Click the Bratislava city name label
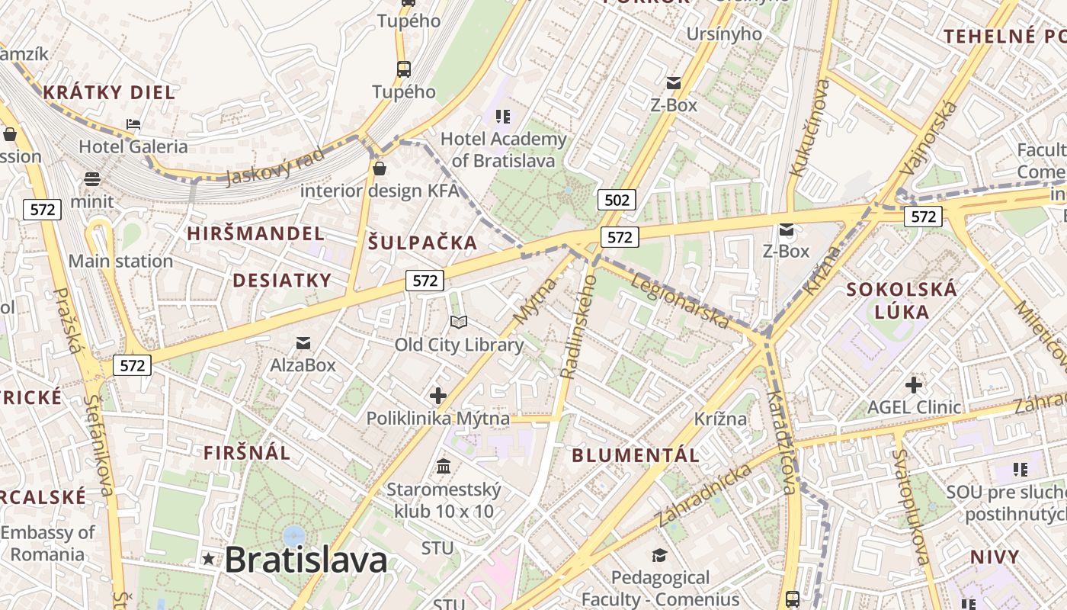tap(306, 560)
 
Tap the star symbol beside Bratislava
tap(208, 559)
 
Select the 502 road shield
tap(616, 201)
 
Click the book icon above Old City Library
tap(458, 323)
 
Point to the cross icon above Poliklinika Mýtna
tap(437, 396)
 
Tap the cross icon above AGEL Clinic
tap(913, 384)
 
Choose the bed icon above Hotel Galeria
tap(133, 124)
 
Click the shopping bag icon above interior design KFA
tap(379, 168)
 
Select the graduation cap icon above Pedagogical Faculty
tap(659, 556)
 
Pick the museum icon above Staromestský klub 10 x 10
tap(443, 466)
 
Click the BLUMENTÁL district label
tap(635, 455)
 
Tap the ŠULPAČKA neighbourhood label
tap(422, 243)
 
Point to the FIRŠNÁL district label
tap(247, 453)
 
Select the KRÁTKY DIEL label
tap(109, 93)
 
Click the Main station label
tap(120, 262)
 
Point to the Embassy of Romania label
tap(47, 543)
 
